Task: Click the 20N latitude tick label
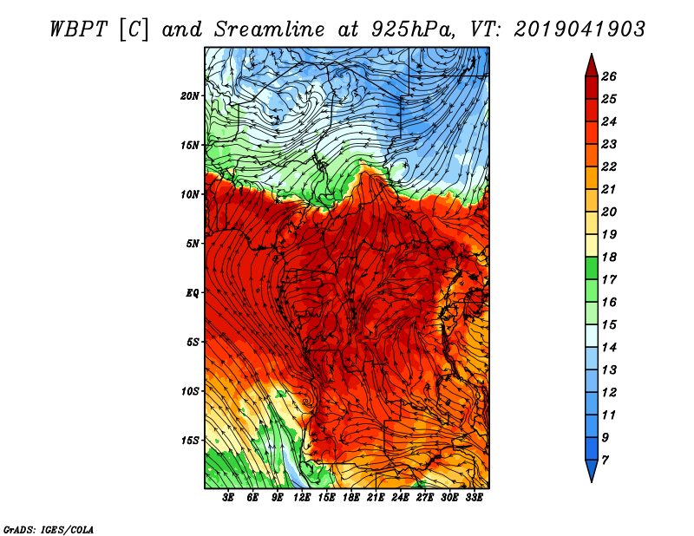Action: click(190, 95)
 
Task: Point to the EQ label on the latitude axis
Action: click(192, 293)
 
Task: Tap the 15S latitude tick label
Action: click(190, 441)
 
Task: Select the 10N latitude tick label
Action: click(190, 194)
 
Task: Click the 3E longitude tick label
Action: click(229, 498)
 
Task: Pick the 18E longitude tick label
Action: click(351, 498)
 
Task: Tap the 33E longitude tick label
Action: click(474, 498)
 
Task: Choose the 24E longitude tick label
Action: click(400, 498)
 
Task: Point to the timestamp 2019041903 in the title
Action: click(579, 29)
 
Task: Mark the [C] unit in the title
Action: click(138, 29)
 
